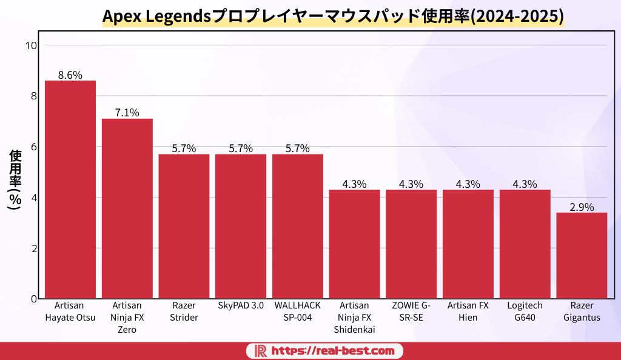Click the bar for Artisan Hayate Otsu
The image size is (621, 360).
coord(70,189)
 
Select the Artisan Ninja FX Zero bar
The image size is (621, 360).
coord(127,208)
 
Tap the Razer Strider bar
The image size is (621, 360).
coord(184,226)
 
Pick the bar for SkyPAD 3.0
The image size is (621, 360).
coord(241,226)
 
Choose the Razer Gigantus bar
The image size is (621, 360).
coord(582,255)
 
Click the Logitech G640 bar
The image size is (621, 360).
coord(525,244)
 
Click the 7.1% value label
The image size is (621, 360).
coord(127,113)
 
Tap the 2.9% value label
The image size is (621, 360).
coord(582,207)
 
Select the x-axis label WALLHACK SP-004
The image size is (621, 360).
coord(298,311)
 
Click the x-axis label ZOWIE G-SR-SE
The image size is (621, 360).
coord(411,311)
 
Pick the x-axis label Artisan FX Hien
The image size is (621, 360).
coord(468,311)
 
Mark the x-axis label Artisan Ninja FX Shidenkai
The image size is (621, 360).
coord(354,317)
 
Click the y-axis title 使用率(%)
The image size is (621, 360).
coord(15,180)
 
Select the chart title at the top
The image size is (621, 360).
coord(333,16)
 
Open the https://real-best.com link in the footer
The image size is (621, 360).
coord(332,351)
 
